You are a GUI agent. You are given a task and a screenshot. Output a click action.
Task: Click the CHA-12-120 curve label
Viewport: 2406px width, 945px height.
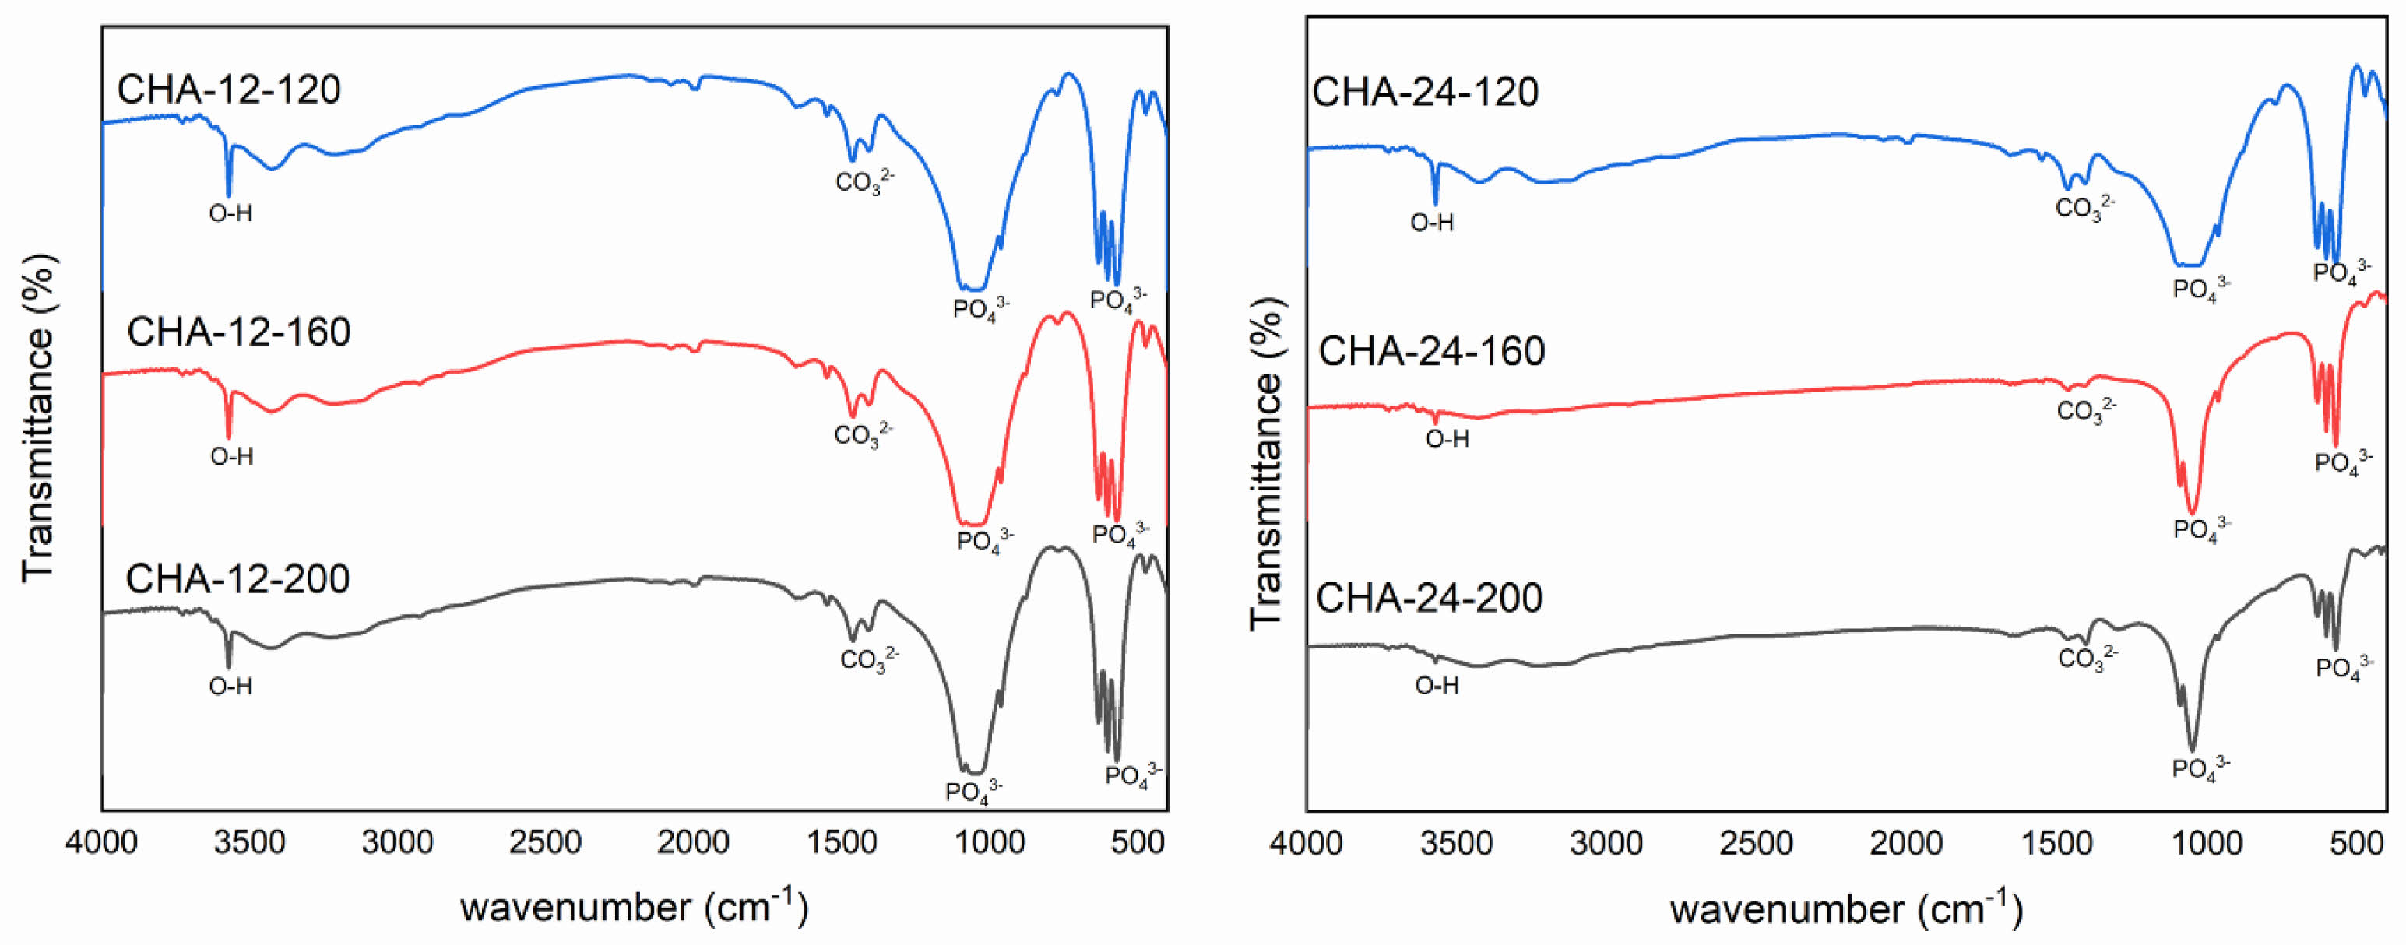pos(229,90)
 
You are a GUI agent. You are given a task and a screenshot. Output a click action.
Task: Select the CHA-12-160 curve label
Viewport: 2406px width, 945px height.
pos(238,332)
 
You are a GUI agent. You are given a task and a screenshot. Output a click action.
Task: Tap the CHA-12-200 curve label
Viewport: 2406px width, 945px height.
pos(237,579)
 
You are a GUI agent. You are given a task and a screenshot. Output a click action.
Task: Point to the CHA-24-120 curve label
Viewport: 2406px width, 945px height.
pos(1425,93)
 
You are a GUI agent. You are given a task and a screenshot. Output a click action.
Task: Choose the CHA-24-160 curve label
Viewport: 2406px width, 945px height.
pos(1431,352)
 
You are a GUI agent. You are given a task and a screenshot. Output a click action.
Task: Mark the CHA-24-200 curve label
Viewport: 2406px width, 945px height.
pos(1429,599)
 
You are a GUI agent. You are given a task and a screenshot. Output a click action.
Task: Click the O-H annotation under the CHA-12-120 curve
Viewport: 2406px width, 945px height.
pos(230,214)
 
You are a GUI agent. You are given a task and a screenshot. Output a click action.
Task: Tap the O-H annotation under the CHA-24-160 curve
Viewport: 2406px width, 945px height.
pos(1447,439)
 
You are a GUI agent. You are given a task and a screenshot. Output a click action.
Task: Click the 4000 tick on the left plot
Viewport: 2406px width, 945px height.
pos(102,843)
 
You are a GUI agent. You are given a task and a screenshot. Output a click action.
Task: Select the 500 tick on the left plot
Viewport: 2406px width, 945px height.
pos(1138,843)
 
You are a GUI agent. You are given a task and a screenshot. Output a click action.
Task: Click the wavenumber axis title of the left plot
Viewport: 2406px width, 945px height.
pos(634,906)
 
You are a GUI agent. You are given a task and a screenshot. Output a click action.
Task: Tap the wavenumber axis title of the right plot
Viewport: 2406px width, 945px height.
pos(1846,908)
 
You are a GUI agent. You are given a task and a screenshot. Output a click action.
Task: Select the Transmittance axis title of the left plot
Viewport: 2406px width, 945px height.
pos(39,417)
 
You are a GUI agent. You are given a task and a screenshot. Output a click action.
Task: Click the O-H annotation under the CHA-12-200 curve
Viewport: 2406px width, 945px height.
pos(230,687)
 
